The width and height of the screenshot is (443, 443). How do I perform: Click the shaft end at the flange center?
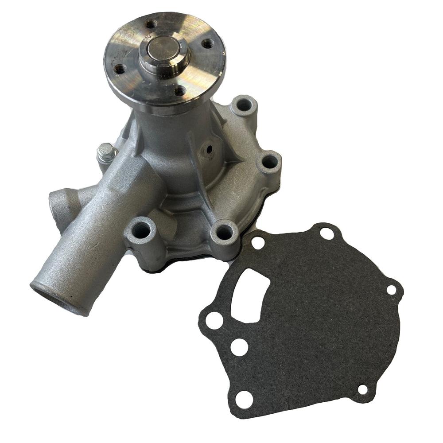164,50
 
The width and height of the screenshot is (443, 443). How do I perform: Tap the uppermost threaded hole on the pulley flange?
151,24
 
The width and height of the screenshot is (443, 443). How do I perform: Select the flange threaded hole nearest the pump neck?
179,91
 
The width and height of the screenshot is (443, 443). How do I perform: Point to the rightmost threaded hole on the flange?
207,43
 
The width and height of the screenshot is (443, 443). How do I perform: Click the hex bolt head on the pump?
105,153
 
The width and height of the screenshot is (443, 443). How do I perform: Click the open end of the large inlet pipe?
49,295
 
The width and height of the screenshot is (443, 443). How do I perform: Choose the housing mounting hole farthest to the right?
269,162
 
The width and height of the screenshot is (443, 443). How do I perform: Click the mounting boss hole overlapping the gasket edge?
224,232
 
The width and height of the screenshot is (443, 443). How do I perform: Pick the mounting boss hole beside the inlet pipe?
141,230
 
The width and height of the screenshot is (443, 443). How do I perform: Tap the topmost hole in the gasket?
327,233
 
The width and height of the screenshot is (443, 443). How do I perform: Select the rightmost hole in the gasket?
391,290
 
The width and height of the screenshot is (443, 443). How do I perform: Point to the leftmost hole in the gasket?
214,320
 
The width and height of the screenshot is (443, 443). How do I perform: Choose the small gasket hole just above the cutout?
258,242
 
